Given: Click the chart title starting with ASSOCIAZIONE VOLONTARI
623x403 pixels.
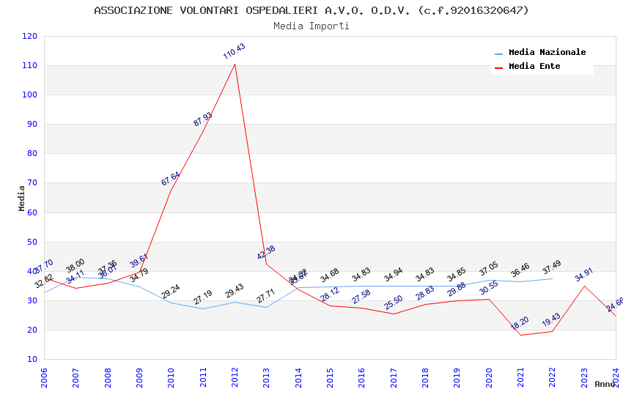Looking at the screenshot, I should (311, 10).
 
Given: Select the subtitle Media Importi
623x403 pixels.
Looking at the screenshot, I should (311, 26).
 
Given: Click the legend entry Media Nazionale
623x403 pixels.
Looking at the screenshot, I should (547, 52).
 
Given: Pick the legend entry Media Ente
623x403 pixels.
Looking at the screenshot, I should (534, 66).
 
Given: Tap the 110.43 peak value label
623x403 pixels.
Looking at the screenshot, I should (235, 51).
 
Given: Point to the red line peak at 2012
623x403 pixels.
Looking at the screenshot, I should (235, 64).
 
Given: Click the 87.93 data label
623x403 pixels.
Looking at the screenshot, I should (203, 119).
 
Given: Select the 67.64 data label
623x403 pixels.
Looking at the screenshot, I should (171, 179).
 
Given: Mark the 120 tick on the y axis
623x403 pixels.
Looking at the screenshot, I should (30, 36).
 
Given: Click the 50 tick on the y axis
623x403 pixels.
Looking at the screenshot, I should (32, 242).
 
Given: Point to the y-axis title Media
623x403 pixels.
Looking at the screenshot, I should (22, 198).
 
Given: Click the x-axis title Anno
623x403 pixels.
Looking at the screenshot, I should (605, 384).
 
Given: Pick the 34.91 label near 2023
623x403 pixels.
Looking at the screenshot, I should (584, 275).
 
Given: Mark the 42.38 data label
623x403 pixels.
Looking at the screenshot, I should (266, 253).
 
